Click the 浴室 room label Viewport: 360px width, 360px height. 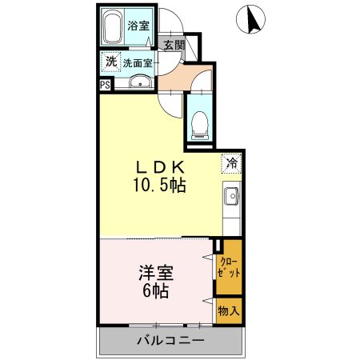(x=138, y=25)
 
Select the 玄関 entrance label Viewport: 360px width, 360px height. (x=174, y=44)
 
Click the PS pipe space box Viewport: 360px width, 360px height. (x=105, y=85)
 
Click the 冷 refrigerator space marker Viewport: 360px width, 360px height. (x=231, y=163)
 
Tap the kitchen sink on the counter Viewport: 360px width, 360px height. (x=231, y=196)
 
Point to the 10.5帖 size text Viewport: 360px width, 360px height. (x=160, y=186)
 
